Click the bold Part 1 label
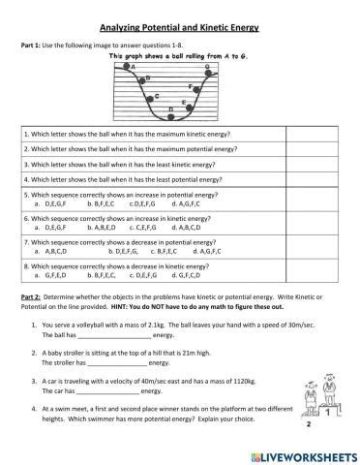click(x=32, y=45)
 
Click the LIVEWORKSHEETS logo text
click(x=305, y=455)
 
